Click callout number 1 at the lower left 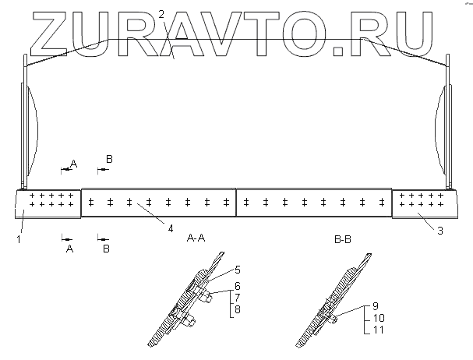17,239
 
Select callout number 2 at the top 161,15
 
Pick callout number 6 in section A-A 237,286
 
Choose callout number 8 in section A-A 237,309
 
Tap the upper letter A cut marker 74,163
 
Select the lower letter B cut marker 106,249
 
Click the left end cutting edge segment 48,203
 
